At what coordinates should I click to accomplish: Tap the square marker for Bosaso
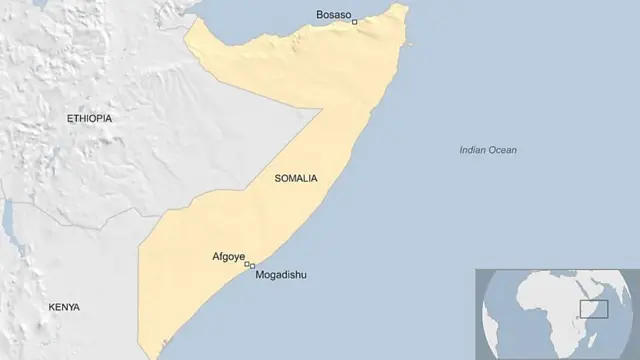354,21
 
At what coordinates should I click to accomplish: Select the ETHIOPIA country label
89,119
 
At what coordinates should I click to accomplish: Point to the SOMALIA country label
295,179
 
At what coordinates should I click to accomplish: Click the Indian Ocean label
488,150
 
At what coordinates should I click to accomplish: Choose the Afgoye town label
228,256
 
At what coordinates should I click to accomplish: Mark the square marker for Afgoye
247,264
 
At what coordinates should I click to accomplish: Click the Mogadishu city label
282,275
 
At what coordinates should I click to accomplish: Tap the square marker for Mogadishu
252,266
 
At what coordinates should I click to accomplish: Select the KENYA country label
64,307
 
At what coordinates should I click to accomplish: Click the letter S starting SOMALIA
275,179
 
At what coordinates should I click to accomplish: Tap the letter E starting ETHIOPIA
69,119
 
